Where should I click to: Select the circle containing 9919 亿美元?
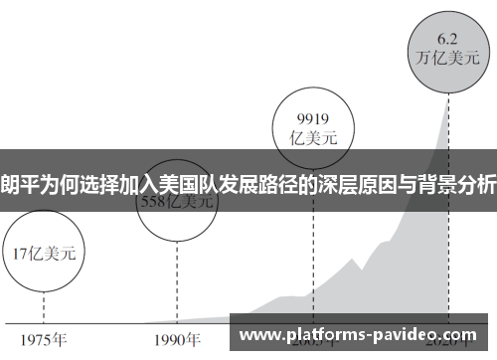click(x=314, y=127)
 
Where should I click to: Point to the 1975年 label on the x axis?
click(x=44, y=338)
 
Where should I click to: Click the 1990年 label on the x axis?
click(x=177, y=338)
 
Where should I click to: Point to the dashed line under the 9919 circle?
click(x=314, y=249)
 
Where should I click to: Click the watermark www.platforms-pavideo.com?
click(x=360, y=335)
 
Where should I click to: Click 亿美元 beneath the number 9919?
click(x=314, y=137)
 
